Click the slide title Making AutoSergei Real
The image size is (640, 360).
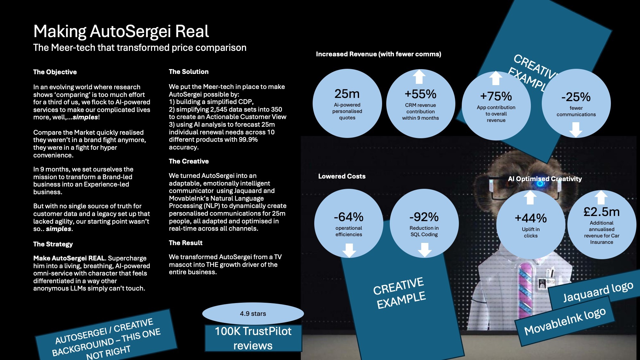coord(121,32)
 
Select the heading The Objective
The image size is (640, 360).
coord(55,72)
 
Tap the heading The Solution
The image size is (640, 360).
coord(189,72)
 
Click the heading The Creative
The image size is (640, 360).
coord(189,161)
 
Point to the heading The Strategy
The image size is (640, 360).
coord(53,244)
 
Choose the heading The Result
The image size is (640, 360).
coord(186,243)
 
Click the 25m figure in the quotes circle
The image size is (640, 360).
coord(347,94)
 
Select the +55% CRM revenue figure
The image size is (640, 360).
coord(420,94)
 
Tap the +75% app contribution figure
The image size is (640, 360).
coord(496,96)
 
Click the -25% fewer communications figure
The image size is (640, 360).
coord(576,97)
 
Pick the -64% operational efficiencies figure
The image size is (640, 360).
coord(349,217)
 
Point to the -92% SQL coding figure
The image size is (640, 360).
coord(424,217)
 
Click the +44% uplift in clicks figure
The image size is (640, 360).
coord(531,218)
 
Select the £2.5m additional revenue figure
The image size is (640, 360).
coord(602,212)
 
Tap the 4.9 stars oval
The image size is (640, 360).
coord(253,314)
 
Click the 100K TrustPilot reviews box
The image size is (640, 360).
coord(253,338)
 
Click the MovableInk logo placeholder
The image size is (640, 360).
coord(565,321)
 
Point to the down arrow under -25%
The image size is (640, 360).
coord(576,129)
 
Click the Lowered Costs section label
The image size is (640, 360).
coord(342,176)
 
